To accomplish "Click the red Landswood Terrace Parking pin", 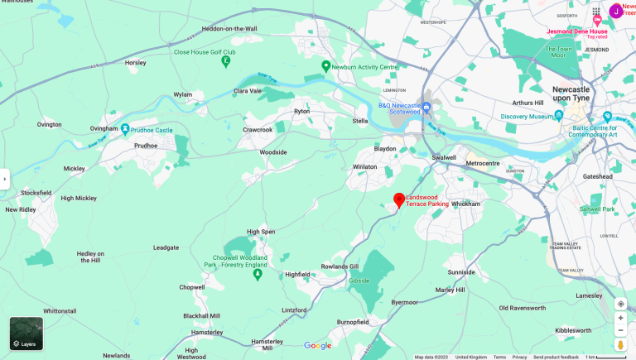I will [x=399, y=199].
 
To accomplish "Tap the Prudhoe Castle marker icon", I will [x=125, y=129].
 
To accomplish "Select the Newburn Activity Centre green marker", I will [x=326, y=66].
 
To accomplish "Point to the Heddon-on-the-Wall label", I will [x=229, y=29].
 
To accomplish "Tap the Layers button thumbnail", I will [x=26, y=334].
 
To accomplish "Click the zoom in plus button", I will [x=620, y=318].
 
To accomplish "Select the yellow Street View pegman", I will [x=620, y=344].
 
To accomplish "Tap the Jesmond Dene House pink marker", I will [x=596, y=20].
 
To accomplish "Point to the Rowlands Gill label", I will [x=340, y=266].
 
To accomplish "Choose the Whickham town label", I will [x=465, y=203].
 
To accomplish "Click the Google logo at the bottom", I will [x=317, y=346].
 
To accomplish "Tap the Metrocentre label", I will [x=483, y=163].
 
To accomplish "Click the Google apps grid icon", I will [x=596, y=11].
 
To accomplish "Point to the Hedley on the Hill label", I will [x=90, y=257].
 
